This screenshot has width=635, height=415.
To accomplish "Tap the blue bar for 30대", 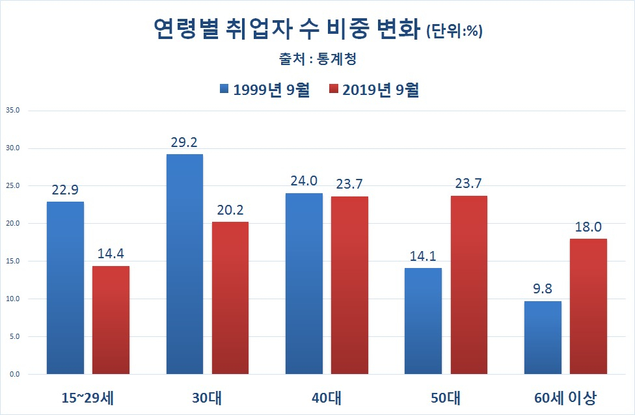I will point(185,264).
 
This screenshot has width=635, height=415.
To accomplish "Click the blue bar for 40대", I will point(304,284).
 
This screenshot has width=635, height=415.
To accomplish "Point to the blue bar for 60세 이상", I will point(543,338).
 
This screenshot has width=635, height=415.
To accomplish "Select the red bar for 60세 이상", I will point(588,306).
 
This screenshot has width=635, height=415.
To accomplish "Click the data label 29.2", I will point(185,141).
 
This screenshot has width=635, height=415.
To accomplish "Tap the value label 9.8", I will point(543,288).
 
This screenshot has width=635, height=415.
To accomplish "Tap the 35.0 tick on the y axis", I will point(12,111).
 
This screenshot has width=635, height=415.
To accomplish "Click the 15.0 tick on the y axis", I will point(12,261).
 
